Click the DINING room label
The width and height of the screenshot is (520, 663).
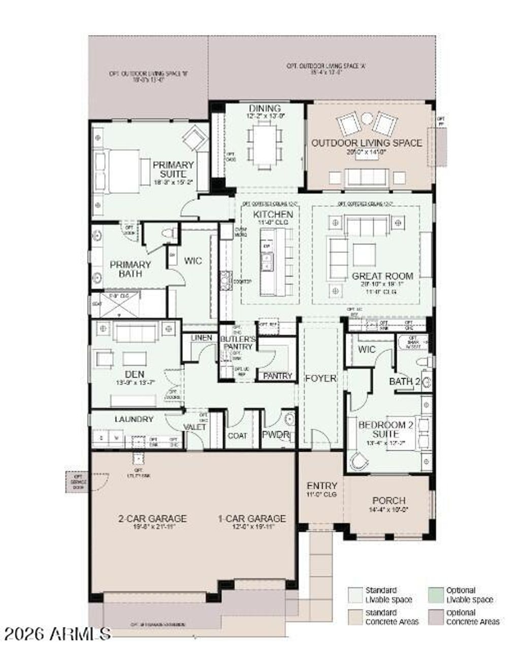(265, 108)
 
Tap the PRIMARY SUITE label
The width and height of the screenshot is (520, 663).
(173, 170)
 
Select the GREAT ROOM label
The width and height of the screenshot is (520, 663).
(382, 276)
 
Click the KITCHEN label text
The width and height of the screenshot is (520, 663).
(273, 214)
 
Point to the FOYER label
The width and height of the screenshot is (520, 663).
(320, 378)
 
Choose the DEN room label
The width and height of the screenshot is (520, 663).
(134, 374)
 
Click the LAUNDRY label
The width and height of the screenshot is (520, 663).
(134, 419)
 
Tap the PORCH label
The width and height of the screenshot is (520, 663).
(389, 500)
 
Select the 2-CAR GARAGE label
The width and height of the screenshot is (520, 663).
(152, 518)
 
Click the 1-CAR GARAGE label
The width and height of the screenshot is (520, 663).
(252, 518)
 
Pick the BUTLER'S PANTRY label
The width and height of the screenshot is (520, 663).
(237, 343)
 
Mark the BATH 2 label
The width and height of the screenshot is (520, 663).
(404, 381)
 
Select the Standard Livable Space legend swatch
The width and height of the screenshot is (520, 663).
(354, 594)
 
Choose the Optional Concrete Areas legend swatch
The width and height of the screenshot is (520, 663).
(435, 617)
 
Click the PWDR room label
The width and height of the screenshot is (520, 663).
(275, 435)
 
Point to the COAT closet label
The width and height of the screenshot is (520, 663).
(237, 436)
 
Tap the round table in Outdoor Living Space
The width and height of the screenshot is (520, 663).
(366, 119)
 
